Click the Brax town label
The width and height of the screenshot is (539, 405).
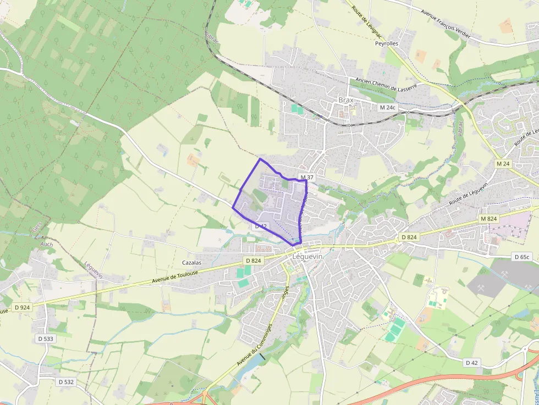tap(346, 101)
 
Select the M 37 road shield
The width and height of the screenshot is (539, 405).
tap(306, 177)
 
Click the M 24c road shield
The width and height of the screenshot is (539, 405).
tap(388, 108)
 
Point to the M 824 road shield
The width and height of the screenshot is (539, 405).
tap(488, 219)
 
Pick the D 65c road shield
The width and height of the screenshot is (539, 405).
tap(522, 257)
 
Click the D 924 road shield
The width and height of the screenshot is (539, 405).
tap(22, 307)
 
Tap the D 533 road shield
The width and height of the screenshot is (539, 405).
tap(46, 339)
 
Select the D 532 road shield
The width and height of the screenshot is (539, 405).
tap(66, 381)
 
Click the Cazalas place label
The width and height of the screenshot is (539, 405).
tap(192, 263)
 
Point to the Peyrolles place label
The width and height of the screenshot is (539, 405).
tap(388, 43)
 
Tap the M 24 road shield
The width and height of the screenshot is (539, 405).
tap(502, 164)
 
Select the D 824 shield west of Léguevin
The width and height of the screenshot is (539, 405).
tap(253, 260)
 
